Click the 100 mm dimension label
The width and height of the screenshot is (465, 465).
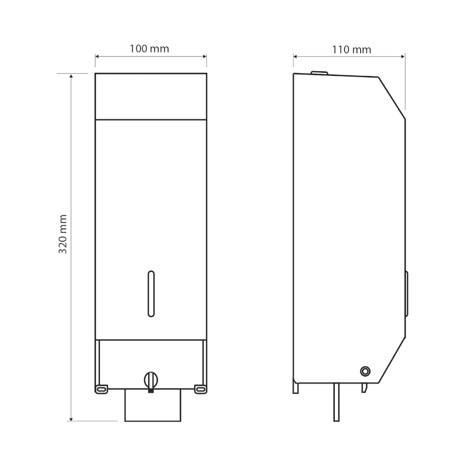pos(149,49)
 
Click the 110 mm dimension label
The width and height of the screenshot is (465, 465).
pos(351,50)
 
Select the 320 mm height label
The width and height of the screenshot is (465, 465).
pos(63,234)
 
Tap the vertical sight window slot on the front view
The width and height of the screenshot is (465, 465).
pos(151,294)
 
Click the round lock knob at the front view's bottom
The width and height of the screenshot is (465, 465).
pos(151,380)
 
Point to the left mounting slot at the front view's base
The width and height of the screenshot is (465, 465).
pos(101,389)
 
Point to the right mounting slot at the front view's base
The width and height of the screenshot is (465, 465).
pos(200,389)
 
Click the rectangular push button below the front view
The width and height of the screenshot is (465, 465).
pos(153,405)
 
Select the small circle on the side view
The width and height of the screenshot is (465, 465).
pos(365,371)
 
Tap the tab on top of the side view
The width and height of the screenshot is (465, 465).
pos(319,73)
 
